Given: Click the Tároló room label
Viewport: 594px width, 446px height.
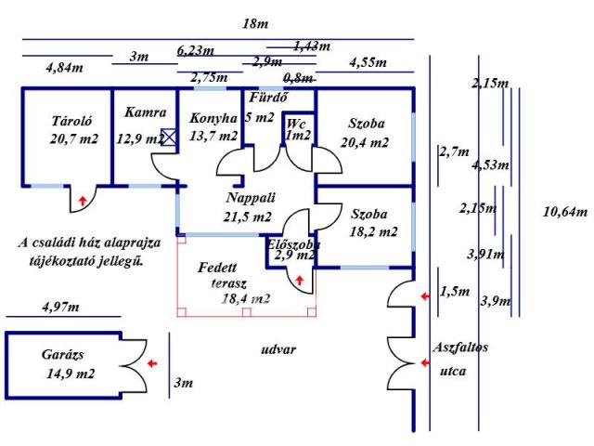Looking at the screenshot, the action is click(71, 121).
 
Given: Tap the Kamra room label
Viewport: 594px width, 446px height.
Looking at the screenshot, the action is click(146, 112).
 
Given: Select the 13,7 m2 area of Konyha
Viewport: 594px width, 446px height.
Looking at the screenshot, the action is click(213, 136).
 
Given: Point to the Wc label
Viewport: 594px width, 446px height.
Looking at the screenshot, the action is click(296, 124).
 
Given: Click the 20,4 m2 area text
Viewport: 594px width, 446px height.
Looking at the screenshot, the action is click(365, 142).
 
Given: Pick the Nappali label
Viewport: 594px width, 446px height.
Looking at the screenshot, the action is click(251, 198).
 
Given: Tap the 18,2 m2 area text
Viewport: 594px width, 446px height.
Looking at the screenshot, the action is click(373, 231).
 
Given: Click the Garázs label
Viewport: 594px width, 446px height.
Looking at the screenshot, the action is click(62, 355).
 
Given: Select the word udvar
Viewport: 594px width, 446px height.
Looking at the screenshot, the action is click(278, 349).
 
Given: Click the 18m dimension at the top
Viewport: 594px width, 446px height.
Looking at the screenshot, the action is click(255, 24).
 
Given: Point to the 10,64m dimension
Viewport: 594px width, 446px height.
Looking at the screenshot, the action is click(565, 212).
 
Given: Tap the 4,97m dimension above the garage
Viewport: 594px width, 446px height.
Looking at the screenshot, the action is click(60, 307).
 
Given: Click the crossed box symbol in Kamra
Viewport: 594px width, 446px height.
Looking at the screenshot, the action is click(169, 137).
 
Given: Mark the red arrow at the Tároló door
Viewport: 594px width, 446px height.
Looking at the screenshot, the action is click(83, 201).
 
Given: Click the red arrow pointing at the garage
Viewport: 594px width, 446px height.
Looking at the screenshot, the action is click(152, 363).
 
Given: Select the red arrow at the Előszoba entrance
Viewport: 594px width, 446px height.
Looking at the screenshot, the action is click(300, 281).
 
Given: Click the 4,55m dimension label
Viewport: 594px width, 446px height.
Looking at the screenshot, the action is click(368, 62).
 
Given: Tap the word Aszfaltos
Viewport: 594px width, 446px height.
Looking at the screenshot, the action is click(460, 347).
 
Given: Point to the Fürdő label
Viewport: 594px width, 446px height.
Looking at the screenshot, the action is click(268, 98).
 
